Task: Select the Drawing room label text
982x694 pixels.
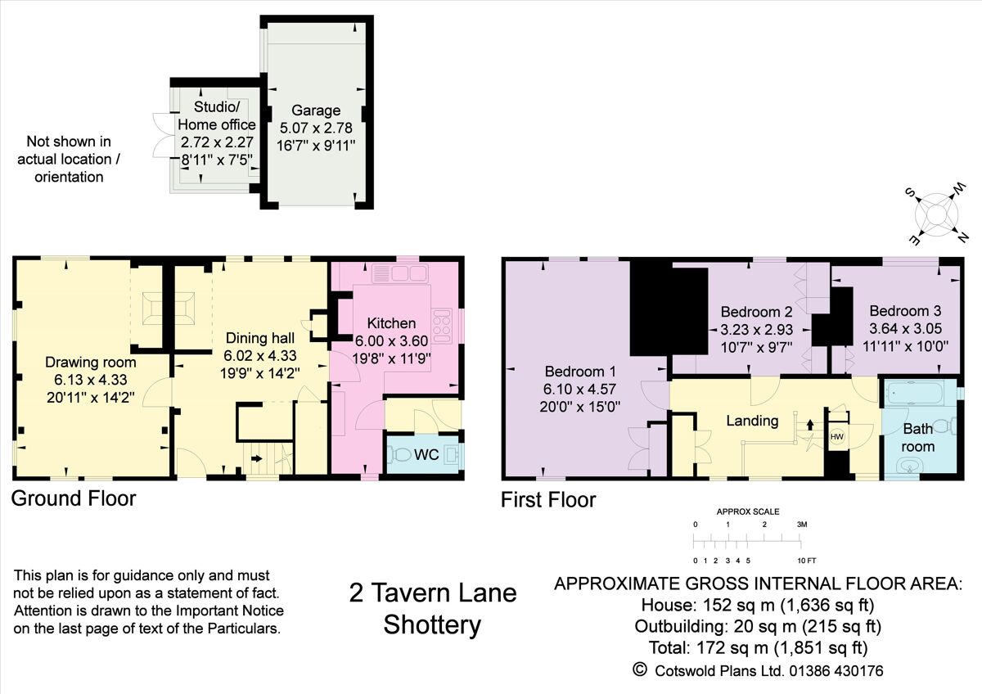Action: pos(90,363)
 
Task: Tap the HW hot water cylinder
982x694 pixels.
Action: pos(837,437)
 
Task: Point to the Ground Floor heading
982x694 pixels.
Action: pos(74,498)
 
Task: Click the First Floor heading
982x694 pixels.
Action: pos(548,499)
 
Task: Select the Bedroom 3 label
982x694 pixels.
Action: pos(905,311)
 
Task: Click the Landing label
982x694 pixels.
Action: pos(752,421)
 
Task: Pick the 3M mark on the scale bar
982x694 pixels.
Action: pos(802,524)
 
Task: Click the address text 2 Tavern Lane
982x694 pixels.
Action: pos(433,593)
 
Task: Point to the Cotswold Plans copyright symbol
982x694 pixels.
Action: pos(640,669)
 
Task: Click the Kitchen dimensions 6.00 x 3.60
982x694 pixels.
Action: pos(391,340)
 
